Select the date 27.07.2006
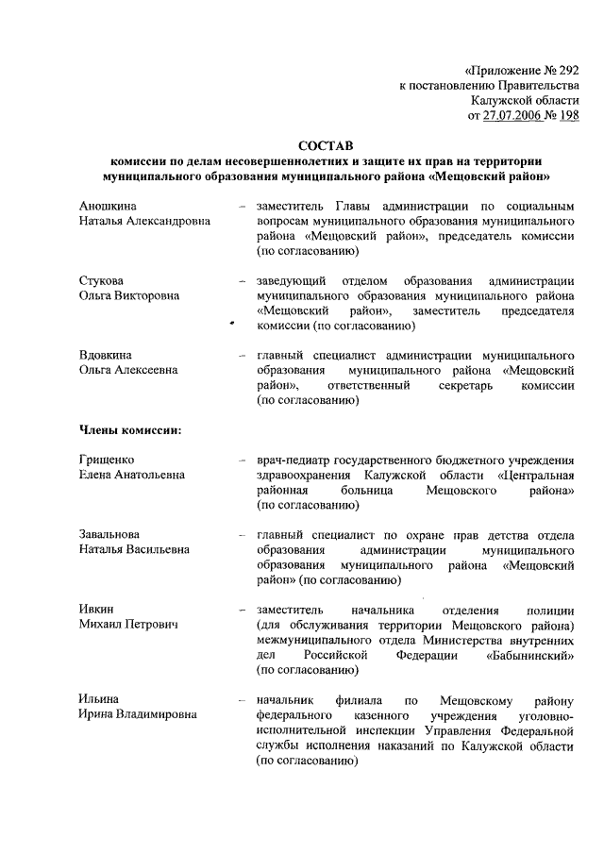514,115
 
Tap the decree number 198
567,115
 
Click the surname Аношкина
109,205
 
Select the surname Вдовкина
106,355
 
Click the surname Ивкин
97,610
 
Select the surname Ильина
98,699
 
